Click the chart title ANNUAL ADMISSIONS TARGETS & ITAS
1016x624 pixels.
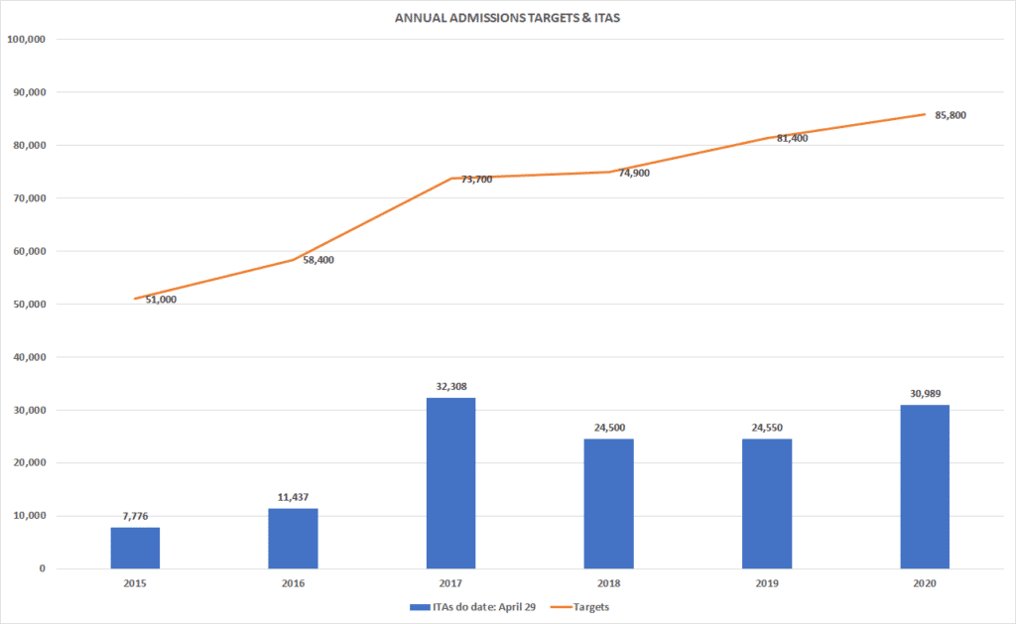tap(507, 19)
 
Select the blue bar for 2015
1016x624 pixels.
tap(135, 548)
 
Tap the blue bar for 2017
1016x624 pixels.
tap(450, 483)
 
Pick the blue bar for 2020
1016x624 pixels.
tap(925, 486)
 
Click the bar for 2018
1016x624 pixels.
tap(608, 504)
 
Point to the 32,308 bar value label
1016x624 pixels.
tap(450, 387)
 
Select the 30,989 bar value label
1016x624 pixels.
tap(925, 394)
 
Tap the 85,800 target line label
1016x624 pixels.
tap(951, 115)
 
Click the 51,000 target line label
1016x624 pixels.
tap(161, 299)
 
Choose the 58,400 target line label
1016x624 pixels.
tap(318, 260)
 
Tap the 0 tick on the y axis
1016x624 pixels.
tap(43, 568)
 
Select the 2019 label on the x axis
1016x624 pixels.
tap(767, 584)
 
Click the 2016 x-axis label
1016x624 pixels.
tap(293, 584)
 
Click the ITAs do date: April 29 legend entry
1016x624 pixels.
tap(468, 606)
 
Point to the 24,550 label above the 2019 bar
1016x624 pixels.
tap(767, 428)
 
